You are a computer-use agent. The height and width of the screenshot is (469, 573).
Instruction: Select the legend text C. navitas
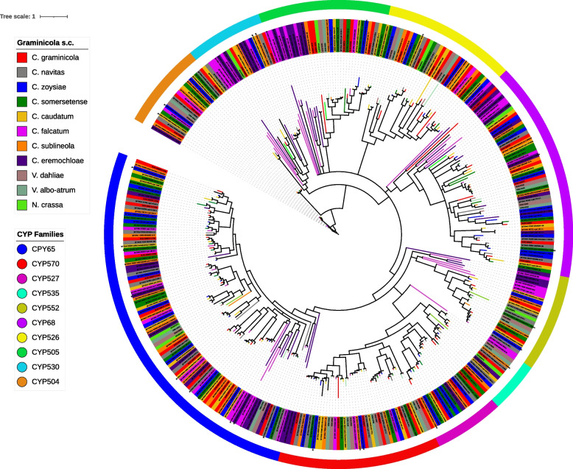[58, 74]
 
